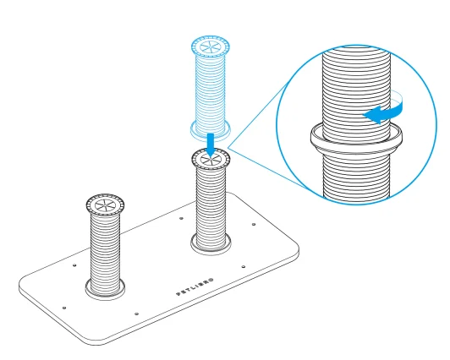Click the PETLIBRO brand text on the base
tap(195, 286)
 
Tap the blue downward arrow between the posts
tap(211, 145)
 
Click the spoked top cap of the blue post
tap(211, 46)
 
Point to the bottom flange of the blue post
tap(211, 130)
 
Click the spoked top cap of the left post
tap(105, 205)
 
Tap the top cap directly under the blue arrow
tap(211, 159)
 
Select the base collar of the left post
tap(105, 289)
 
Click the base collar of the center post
tap(211, 244)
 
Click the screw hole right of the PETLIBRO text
tap(244, 267)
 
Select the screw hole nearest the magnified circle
tap(254, 224)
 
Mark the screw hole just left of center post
tap(181, 218)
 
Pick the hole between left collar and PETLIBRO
tap(136, 314)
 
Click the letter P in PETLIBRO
tap(178, 293)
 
